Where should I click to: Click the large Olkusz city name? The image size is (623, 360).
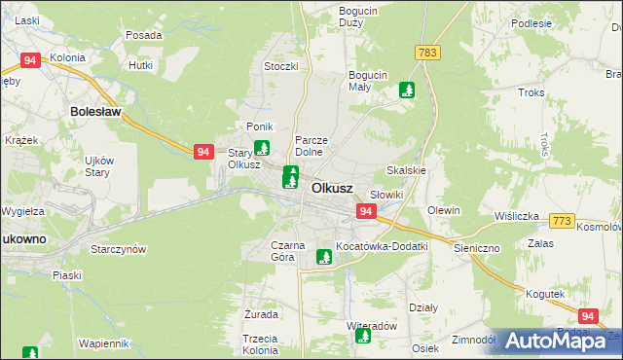331,188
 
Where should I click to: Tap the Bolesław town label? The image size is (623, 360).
94,112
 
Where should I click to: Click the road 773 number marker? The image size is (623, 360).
562,223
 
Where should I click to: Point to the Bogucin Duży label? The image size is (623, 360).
357,17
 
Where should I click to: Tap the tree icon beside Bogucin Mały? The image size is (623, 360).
407,91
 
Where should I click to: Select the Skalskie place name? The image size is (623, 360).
407,170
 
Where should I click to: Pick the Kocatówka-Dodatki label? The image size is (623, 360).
382,246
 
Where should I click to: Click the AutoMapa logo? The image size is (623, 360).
555,341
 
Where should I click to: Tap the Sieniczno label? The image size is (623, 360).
476,248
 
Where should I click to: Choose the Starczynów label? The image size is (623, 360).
118,249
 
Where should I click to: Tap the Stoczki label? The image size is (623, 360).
280,66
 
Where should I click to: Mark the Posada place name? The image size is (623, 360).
143,35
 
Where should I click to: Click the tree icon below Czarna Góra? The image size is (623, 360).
324,258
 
